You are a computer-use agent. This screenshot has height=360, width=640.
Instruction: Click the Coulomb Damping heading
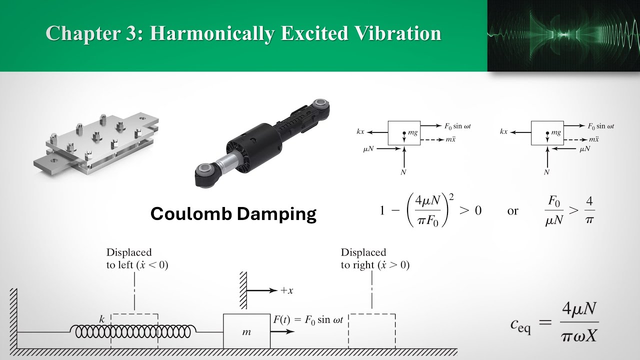pyautogui.click(x=233, y=213)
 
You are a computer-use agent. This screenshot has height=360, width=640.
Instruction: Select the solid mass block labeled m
pyautogui.click(x=246, y=331)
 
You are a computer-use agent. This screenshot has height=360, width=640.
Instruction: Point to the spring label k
pyautogui.click(x=102, y=318)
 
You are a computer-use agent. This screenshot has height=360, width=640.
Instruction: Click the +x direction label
pyautogui.click(x=287, y=290)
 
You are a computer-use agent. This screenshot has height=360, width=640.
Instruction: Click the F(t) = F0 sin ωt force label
pyautogui.click(x=308, y=319)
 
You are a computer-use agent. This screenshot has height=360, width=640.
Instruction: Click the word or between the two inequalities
pyautogui.click(x=512, y=211)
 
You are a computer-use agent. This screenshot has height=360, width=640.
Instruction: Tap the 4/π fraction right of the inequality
pyautogui.click(x=589, y=210)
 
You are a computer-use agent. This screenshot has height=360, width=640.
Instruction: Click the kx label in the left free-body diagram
pyautogui.click(x=360, y=131)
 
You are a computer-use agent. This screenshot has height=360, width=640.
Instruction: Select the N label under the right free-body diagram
pyautogui.click(x=546, y=172)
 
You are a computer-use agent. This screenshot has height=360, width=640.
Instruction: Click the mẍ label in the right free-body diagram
pyautogui.click(x=594, y=139)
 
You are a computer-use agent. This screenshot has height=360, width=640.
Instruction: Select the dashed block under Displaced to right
pyautogui.click(x=372, y=331)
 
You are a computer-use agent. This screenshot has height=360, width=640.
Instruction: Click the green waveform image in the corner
pyautogui.click(x=563, y=35)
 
